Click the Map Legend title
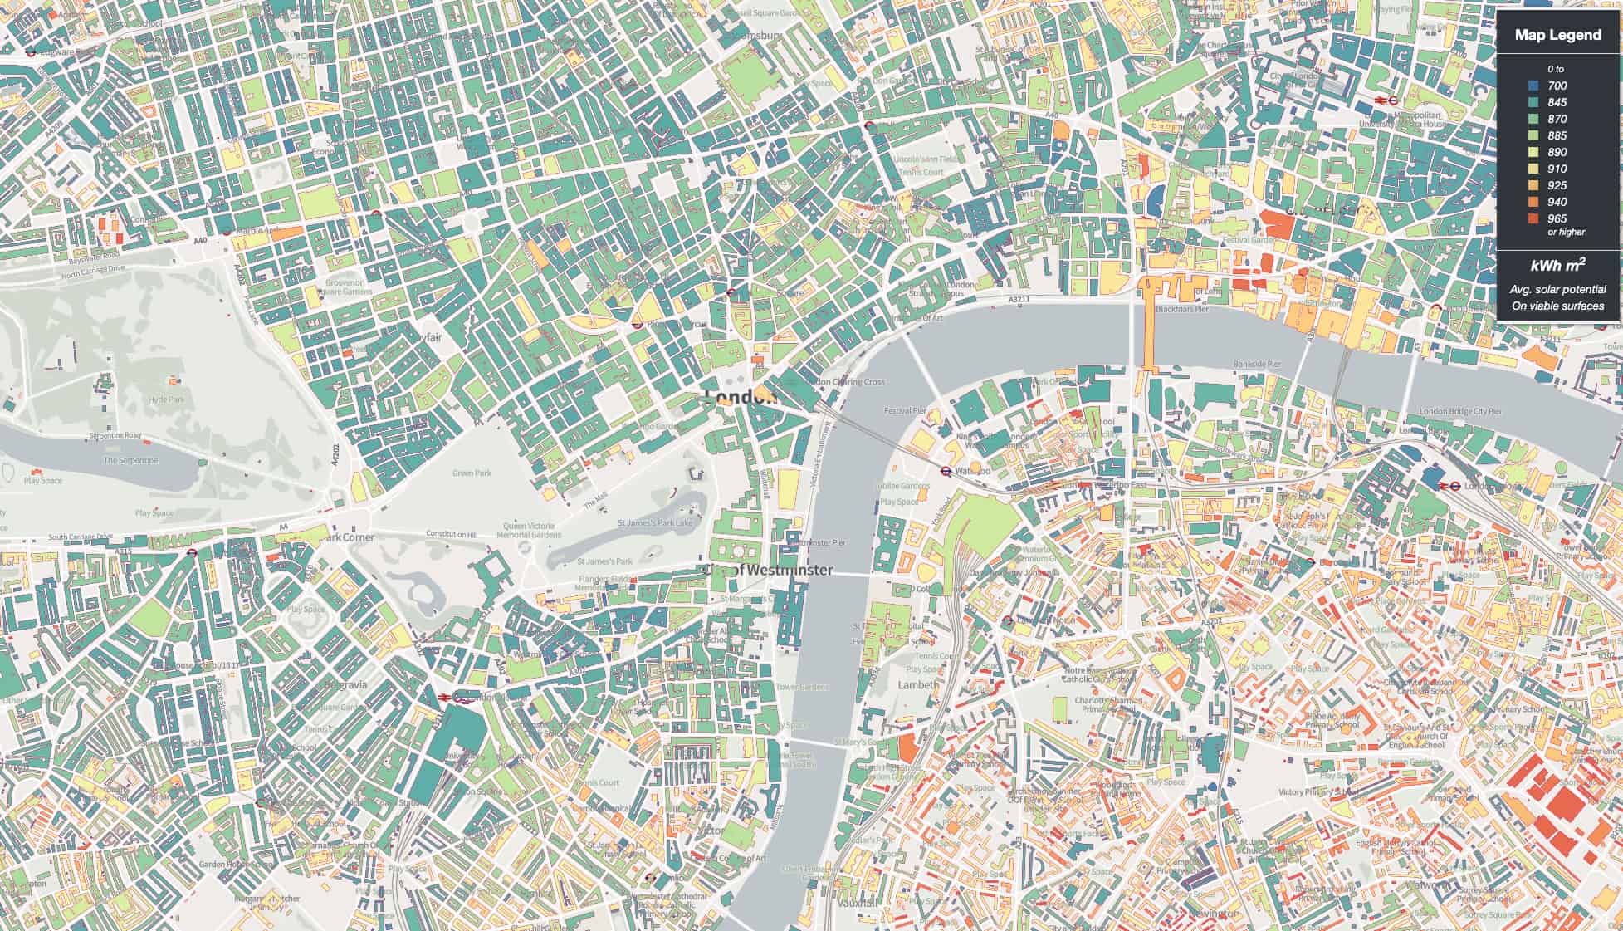click(x=1557, y=35)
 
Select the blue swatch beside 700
click(x=1533, y=86)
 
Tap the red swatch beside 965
click(x=1533, y=218)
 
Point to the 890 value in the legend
click(x=1557, y=152)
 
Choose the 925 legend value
click(x=1557, y=185)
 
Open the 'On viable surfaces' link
click(x=1557, y=306)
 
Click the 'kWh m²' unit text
click(x=1557, y=265)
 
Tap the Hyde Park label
click(x=166, y=399)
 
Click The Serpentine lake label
click(x=130, y=460)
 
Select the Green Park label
click(x=472, y=473)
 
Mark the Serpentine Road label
click(x=115, y=435)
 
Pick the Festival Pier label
click(x=904, y=410)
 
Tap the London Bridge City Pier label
click(x=1460, y=411)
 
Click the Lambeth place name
click(x=918, y=684)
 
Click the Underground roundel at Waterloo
click(x=946, y=470)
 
